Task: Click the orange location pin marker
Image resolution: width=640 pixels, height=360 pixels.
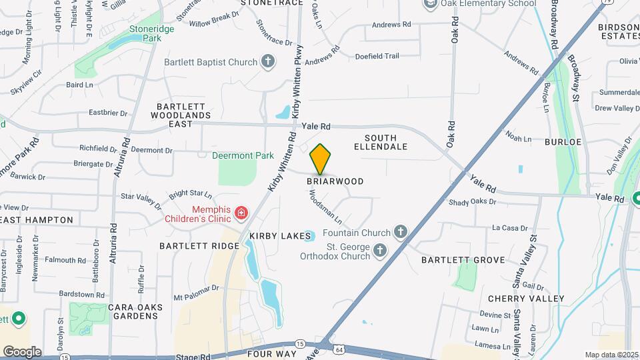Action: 321,159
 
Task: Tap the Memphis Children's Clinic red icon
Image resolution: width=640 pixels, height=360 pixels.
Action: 241,214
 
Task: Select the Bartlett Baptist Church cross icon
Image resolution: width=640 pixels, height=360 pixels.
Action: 268,62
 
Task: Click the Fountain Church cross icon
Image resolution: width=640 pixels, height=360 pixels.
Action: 400,233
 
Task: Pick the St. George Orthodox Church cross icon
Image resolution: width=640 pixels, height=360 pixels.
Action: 380,251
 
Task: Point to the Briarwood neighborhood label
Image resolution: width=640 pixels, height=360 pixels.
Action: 335,181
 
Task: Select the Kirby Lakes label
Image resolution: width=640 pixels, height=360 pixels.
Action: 272,236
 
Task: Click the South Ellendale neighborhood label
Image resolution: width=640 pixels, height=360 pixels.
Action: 380,142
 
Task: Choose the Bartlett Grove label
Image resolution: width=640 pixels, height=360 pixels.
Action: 463,259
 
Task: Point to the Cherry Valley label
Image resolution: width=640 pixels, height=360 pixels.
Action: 526,298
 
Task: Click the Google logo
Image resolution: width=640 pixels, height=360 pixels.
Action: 22,351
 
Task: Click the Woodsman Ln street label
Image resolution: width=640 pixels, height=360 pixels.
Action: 325,207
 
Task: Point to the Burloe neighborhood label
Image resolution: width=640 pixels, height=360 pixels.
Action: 563,142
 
